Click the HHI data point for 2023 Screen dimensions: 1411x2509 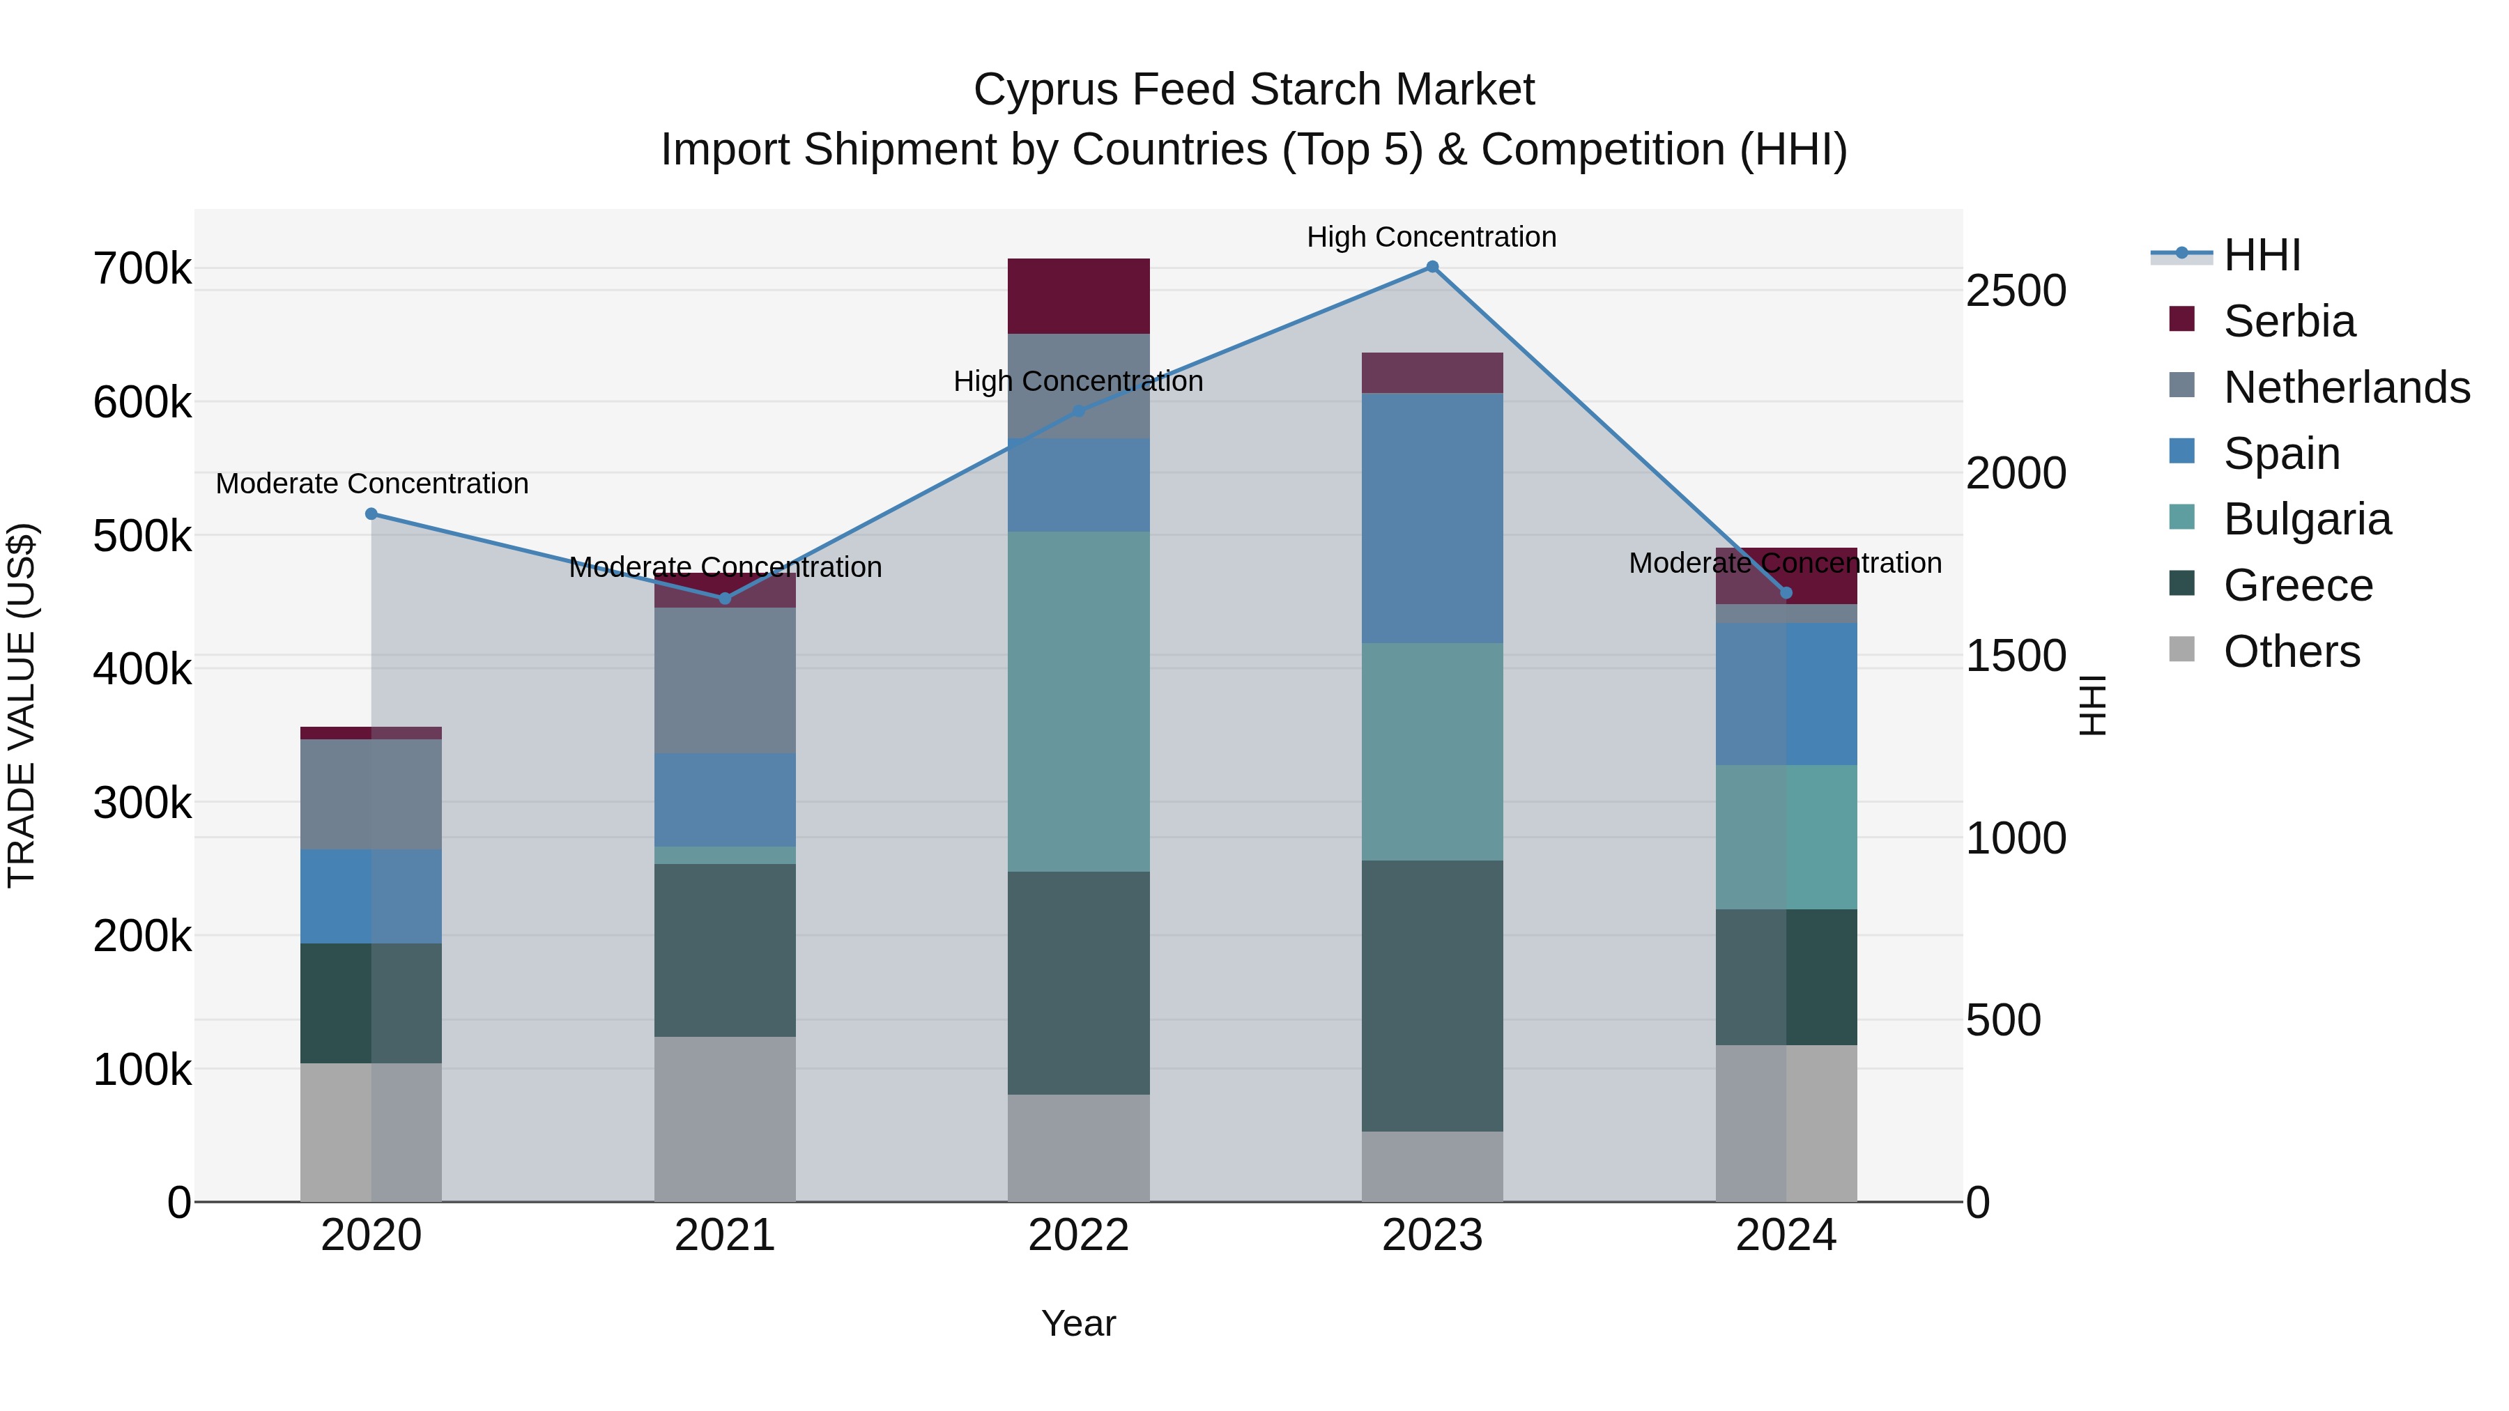point(1432,267)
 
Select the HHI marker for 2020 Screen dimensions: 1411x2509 point(371,514)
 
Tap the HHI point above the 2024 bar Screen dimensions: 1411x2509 point(1786,593)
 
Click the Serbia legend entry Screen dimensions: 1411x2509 point(2289,321)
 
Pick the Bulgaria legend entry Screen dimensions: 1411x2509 point(2306,519)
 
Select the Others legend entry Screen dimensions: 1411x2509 point(2291,651)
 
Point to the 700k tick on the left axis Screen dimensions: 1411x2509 point(142,269)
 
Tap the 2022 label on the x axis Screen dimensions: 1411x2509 point(1078,1235)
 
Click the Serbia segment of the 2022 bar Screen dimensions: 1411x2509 point(1078,296)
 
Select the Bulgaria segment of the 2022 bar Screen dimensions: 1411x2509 point(1078,701)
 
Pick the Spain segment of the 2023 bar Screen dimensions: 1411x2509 point(1432,518)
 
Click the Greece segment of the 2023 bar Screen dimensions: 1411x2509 point(1432,995)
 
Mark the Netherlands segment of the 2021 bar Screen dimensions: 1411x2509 point(725,679)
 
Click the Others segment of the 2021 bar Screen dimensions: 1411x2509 point(725,1119)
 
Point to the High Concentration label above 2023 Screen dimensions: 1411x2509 point(1432,238)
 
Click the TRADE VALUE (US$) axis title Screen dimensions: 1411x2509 point(22,705)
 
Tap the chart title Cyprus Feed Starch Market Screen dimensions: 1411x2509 point(1254,90)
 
